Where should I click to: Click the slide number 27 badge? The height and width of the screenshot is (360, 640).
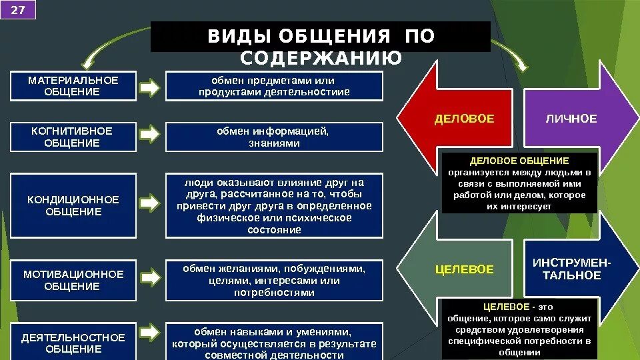pyautogui.click(x=18, y=11)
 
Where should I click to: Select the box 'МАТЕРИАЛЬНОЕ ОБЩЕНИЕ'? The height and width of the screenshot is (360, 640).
pyautogui.click(x=73, y=86)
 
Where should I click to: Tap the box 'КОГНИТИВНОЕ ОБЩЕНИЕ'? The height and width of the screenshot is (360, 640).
pyautogui.click(x=73, y=137)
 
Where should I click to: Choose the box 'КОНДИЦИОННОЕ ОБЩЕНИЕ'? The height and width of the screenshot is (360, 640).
pyautogui.click(x=73, y=205)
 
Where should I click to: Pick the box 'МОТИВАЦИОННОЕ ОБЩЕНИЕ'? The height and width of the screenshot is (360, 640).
pyautogui.click(x=73, y=280)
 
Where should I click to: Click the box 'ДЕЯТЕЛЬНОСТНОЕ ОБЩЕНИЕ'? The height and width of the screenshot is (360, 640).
pyautogui.click(x=73, y=343)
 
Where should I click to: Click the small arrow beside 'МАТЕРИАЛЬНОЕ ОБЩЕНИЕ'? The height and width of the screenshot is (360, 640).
pyautogui.click(x=151, y=87)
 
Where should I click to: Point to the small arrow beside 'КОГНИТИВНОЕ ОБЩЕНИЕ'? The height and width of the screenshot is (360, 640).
pyautogui.click(x=151, y=135)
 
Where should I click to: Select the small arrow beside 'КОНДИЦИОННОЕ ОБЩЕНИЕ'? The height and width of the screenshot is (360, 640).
pyautogui.click(x=151, y=202)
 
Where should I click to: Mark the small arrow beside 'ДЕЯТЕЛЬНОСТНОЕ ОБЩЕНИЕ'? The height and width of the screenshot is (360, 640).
pyautogui.click(x=151, y=331)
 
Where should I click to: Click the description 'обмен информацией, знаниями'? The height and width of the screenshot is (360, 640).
pyautogui.click(x=274, y=137)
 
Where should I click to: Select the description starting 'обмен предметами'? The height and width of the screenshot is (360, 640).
pyautogui.click(x=274, y=86)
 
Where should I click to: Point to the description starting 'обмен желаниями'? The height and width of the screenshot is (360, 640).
pyautogui.click(x=274, y=280)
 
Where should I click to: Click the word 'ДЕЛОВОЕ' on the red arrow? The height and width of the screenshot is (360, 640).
pyautogui.click(x=465, y=119)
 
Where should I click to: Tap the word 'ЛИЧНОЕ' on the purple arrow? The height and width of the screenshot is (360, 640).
pyautogui.click(x=571, y=119)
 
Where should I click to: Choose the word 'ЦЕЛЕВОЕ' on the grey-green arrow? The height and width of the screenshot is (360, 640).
pyautogui.click(x=465, y=270)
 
